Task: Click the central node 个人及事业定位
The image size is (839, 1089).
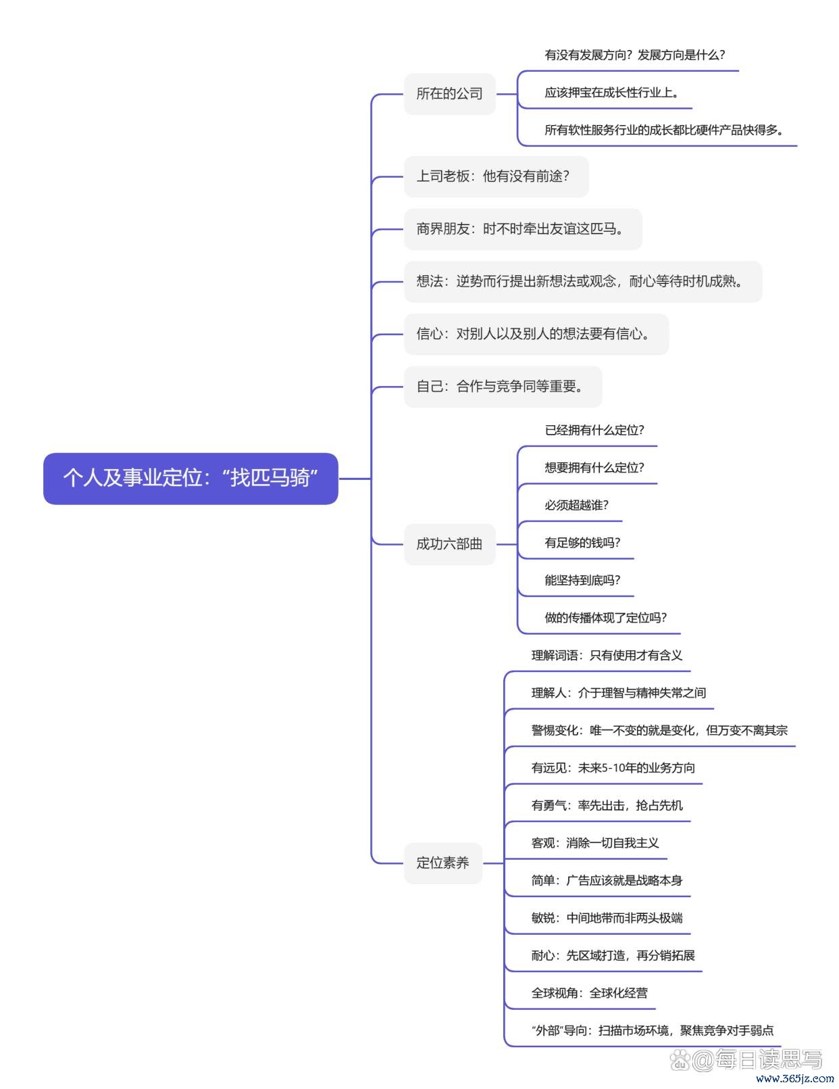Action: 190,478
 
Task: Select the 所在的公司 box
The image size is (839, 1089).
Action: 449,94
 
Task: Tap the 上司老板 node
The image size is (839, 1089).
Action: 496,176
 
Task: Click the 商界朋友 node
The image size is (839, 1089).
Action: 523,229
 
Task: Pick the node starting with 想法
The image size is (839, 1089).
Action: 583,282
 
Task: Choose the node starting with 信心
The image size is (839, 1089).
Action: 536,334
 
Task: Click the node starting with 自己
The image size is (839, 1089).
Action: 503,387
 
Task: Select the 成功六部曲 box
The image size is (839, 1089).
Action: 449,543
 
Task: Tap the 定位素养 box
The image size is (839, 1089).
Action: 443,863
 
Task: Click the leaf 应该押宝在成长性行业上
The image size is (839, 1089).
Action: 611,93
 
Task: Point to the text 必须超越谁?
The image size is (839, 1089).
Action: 576,505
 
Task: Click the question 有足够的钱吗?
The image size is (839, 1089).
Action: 582,543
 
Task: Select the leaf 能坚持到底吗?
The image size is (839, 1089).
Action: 582,581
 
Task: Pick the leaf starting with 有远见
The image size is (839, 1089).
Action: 613,768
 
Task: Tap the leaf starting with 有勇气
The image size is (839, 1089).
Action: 607,805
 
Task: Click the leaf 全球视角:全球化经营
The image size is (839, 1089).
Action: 589,993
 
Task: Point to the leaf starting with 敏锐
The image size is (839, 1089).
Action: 607,918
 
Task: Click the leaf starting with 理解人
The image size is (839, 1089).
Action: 618,693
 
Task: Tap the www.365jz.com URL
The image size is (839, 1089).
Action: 795,1078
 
